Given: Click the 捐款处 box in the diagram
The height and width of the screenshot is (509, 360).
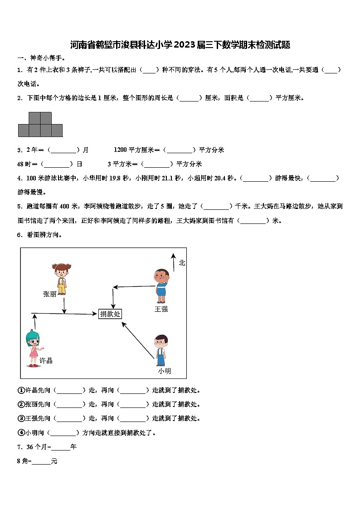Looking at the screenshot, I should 110,314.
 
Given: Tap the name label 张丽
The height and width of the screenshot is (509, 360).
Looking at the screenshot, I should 50,294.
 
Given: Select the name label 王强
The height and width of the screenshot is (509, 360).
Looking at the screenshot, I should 161,309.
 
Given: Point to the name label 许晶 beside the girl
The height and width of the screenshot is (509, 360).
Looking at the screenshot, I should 46,360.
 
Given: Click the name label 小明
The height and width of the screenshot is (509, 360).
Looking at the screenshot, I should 165,371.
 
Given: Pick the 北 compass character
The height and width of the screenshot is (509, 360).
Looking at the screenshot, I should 182,262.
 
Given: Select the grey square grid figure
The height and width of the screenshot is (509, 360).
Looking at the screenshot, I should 40,125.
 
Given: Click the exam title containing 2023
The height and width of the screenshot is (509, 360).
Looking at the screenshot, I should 180,45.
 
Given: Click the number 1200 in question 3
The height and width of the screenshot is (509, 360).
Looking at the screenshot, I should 121,150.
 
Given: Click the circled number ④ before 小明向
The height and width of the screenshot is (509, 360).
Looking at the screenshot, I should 21,432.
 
